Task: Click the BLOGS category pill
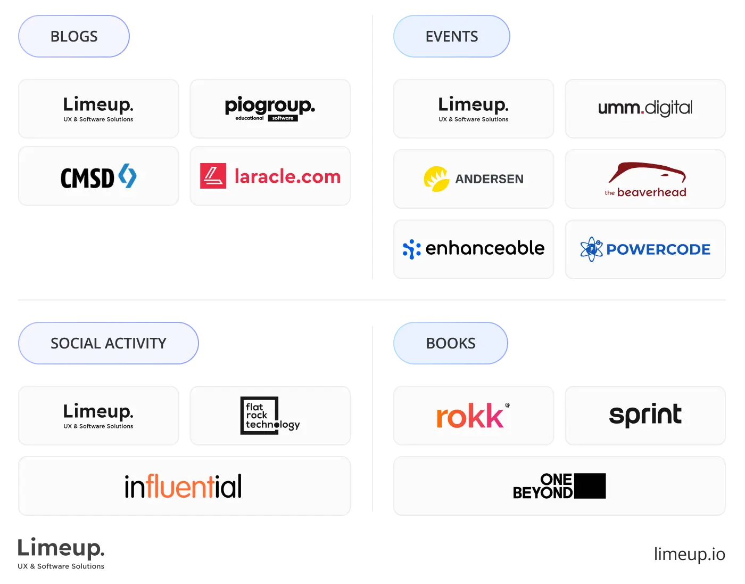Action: (74, 36)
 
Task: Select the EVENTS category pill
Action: (451, 36)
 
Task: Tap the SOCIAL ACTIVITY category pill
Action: (108, 343)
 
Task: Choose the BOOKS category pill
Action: (450, 343)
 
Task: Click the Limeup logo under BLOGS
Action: (98, 109)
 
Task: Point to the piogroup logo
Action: (270, 109)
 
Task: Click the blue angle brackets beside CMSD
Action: (127, 176)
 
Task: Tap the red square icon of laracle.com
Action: (213, 176)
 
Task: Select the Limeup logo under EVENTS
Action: (474, 109)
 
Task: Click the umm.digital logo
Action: (645, 108)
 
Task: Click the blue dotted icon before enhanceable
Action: (411, 249)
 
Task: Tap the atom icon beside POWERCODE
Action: (591, 249)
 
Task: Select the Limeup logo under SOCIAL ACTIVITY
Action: (98, 416)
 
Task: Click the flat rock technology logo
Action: (270, 416)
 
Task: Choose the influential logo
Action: (183, 486)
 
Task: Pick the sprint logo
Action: (645, 415)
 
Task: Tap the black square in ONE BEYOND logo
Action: (590, 486)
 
